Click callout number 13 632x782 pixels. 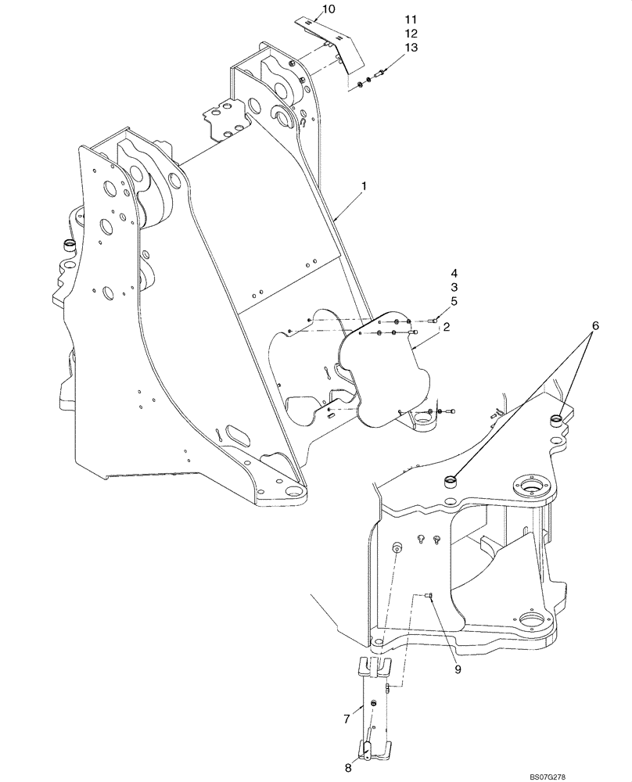pos(411,48)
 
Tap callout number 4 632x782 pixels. pos(453,274)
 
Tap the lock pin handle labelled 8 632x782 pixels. pos(367,751)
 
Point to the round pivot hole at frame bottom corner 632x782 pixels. pos(295,493)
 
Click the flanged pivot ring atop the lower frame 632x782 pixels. pos(533,490)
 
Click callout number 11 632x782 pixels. pos(411,19)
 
